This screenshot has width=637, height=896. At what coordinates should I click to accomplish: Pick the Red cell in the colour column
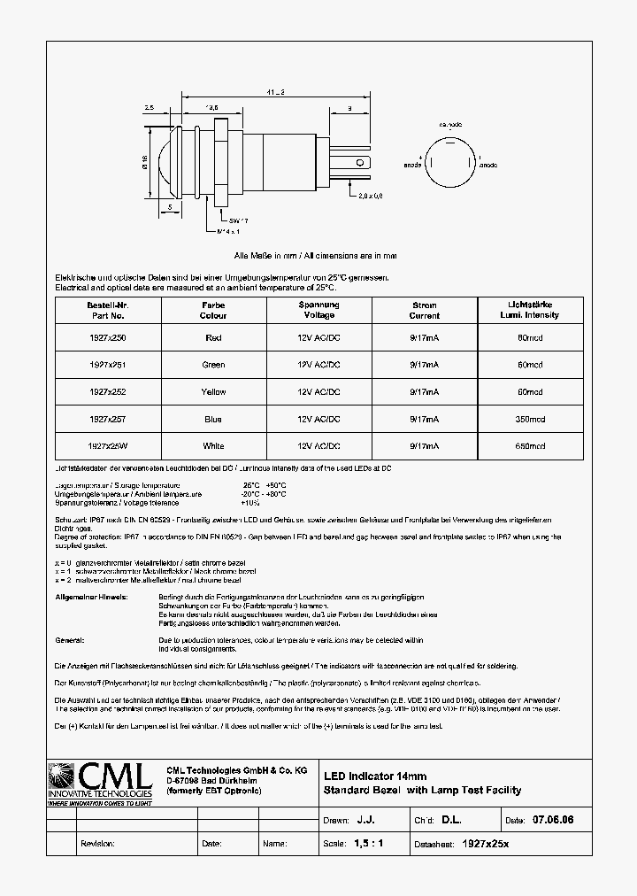tap(212, 337)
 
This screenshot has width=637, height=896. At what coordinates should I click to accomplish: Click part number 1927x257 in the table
tap(107, 419)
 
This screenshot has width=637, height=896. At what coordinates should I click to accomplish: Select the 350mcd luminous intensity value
tap(530, 419)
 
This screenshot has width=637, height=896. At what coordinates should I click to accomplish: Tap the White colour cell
tap(212, 446)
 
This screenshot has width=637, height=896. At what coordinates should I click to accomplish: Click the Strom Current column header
tap(425, 310)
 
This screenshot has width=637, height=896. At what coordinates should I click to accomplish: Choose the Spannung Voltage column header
tap(318, 310)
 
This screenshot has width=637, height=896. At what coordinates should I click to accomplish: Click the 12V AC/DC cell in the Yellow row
tap(318, 391)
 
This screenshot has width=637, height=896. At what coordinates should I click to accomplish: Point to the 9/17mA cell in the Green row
tap(425, 365)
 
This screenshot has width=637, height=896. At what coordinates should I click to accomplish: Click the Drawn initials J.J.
tap(365, 821)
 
